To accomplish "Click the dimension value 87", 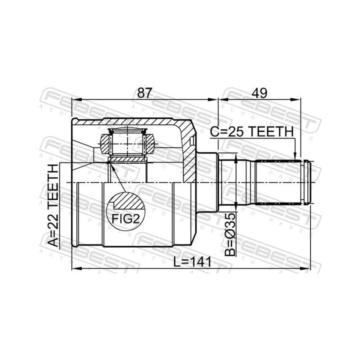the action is coord(144,93).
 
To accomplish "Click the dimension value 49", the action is coord(259,93).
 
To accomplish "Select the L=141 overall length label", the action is coord(192,262).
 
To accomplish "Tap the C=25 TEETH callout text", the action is coord(252,132).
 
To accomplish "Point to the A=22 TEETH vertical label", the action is coord(53,205).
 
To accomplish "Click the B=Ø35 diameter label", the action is coord(230,234).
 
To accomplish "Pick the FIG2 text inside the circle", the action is coord(125,218).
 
